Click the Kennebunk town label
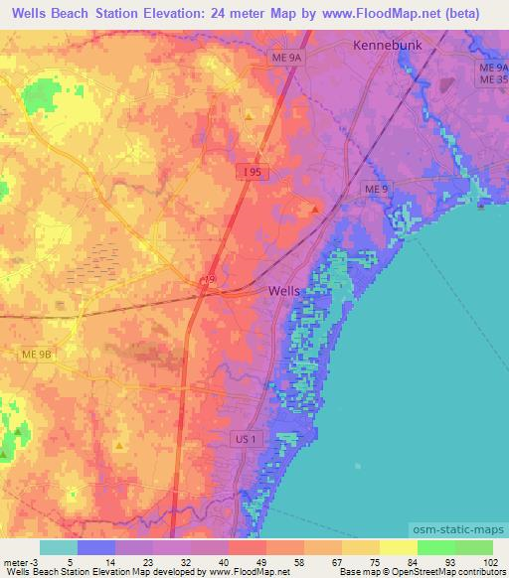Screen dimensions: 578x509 pyautogui.click(x=389, y=46)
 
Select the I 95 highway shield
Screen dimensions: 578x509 pyautogui.click(x=254, y=173)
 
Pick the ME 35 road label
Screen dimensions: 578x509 pyautogui.click(x=492, y=78)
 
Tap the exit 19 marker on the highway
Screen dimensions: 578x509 pyautogui.click(x=208, y=280)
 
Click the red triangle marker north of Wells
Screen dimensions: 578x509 pyautogui.click(x=315, y=209)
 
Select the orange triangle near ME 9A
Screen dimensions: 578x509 pyautogui.click(x=248, y=116)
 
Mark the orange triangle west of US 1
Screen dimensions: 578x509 pyautogui.click(x=119, y=446)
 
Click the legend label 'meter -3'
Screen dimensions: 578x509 pyautogui.click(x=16, y=561)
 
